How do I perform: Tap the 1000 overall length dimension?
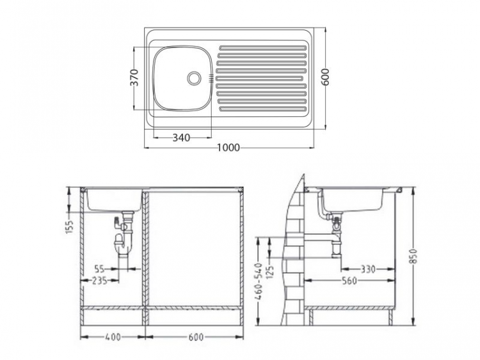pos(228,148)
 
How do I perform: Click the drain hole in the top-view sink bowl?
pos(194,77)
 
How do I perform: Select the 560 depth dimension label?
pos(349,280)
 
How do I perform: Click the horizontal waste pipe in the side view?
pos(307,238)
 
